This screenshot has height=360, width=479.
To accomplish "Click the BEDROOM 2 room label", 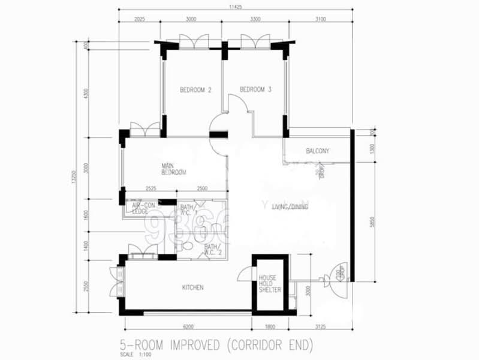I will pyautogui.click(x=196, y=90).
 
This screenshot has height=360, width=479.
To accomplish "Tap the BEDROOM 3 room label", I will pyautogui.click(x=255, y=90).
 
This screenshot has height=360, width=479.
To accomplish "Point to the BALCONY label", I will pyautogui.click(x=317, y=151).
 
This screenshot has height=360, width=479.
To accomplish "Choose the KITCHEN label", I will pyautogui.click(x=193, y=287).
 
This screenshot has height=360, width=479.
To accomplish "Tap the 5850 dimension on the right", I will pyautogui.click(x=372, y=221).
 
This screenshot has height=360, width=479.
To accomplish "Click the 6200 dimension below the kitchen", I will pyautogui.click(x=186, y=328).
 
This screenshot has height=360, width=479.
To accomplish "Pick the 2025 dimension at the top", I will pyautogui.click(x=140, y=19).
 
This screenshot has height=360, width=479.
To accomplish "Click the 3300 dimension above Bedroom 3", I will pyautogui.click(x=255, y=19).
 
